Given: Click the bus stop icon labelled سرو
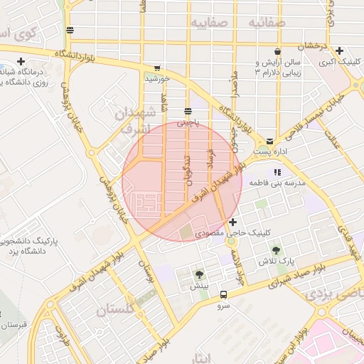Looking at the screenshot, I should [x=224, y=294].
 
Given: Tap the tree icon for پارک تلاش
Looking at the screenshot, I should [x=277, y=250].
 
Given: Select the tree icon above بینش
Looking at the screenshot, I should [x=198, y=274].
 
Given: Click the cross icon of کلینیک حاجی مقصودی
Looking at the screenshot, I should [x=232, y=223].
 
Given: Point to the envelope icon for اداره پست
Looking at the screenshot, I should [x=270, y=141].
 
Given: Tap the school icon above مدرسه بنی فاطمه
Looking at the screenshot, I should [x=277, y=172].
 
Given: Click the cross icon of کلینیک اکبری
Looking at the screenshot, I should [x=340, y=50].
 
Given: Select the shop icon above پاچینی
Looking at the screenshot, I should [x=188, y=111].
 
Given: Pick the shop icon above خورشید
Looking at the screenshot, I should [x=156, y=68].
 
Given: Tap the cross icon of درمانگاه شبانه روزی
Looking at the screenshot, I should [x=21, y=61].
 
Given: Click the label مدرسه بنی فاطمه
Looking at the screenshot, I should [x=277, y=183].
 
